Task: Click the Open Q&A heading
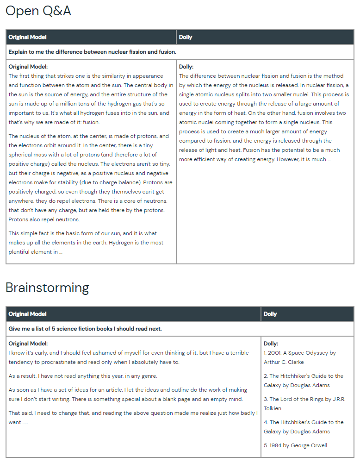pyautogui.click(x=38, y=11)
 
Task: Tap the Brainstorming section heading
pyautogui.click(x=47, y=288)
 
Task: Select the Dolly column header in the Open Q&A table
pyautogui.click(x=186, y=37)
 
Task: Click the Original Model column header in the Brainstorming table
pyautogui.click(x=27, y=314)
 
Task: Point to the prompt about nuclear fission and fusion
pyautogui.click(x=92, y=52)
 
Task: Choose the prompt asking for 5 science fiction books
pyautogui.click(x=85, y=329)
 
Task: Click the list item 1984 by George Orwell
pyautogui.click(x=296, y=445)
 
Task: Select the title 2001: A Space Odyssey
pyautogui.click(x=300, y=353)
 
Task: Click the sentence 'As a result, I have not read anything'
pyautogui.click(x=83, y=376)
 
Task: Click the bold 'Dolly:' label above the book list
pyautogui.click(x=271, y=344)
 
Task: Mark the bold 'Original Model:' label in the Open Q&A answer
pyautogui.click(x=28, y=67)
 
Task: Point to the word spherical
pyautogui.click(x=22, y=155)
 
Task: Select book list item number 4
pyautogui.click(x=303, y=427)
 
